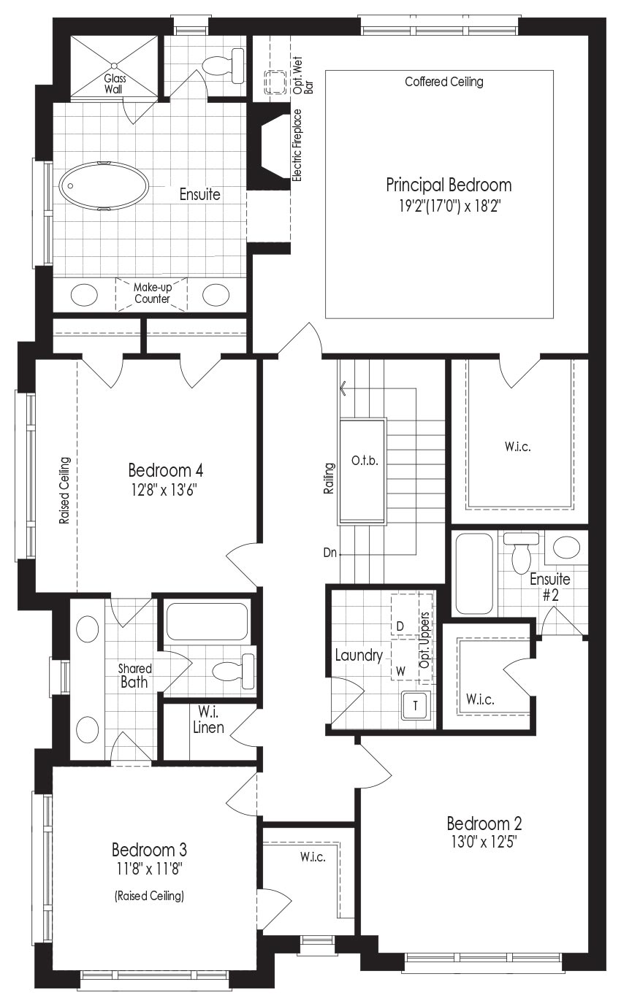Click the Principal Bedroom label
coord(449,185)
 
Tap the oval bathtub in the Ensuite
coord(104,186)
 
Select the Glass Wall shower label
coord(115,83)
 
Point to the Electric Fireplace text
coord(297,145)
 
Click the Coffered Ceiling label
coord(444,82)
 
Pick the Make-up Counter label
coord(153,293)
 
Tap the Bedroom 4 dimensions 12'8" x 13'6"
coord(164,490)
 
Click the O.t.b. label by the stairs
coord(365,461)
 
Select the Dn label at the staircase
coord(329,553)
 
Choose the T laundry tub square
coord(416,705)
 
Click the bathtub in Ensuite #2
coord(474,574)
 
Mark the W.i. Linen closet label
coord(208,720)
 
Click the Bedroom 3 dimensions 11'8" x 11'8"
coord(149,869)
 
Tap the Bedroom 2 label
coord(484,823)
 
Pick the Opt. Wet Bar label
coord(303,75)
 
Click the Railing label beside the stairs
coord(329,479)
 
